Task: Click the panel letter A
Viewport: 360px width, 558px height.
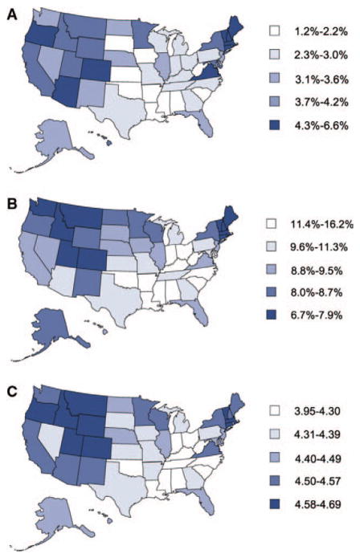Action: pyautogui.click(x=13, y=15)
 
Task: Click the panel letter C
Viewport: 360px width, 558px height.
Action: pyautogui.click(x=13, y=392)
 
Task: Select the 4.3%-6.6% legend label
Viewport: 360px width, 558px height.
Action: pyautogui.click(x=321, y=125)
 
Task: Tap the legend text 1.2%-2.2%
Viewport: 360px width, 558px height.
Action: pyautogui.click(x=321, y=31)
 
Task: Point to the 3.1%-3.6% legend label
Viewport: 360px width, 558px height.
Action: pyautogui.click(x=321, y=79)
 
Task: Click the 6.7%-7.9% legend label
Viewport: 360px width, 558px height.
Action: pyautogui.click(x=316, y=316)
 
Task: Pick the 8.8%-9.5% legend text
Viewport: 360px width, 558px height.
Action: pyautogui.click(x=316, y=270)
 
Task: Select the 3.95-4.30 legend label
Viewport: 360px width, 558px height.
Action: pyautogui.click(x=317, y=411)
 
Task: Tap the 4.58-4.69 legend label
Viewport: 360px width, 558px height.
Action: pyautogui.click(x=317, y=504)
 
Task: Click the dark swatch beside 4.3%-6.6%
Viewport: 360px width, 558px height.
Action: pyautogui.click(x=275, y=125)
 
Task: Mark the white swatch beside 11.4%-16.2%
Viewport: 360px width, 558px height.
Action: pyautogui.click(x=272, y=224)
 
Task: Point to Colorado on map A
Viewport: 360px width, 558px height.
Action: pyautogui.click(x=97, y=70)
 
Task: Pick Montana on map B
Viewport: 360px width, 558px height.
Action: pyautogui.click(x=83, y=216)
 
